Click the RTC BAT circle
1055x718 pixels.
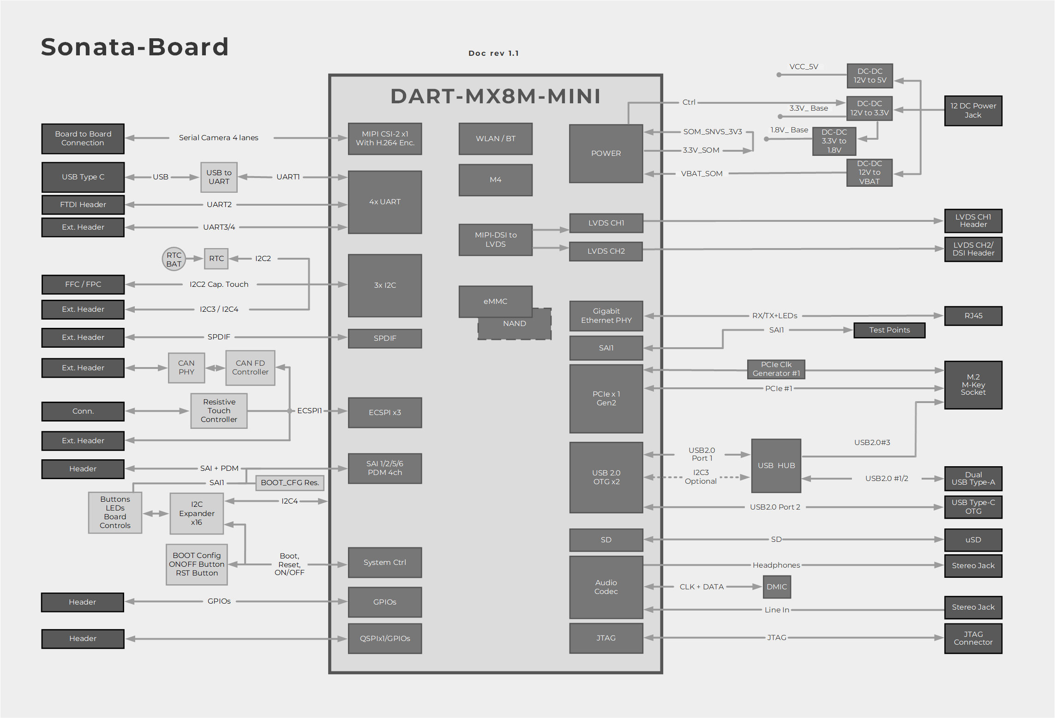[174, 259]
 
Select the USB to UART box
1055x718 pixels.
[219, 177]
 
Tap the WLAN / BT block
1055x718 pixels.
[495, 138]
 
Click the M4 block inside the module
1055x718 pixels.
[495, 180]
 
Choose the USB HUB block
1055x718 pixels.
[776, 466]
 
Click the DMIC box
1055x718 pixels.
[777, 587]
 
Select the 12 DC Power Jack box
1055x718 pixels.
[973, 111]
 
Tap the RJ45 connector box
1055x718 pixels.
[973, 316]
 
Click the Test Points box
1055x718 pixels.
[889, 330]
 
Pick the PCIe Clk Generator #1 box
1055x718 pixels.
[776, 369]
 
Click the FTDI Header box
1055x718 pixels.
[83, 205]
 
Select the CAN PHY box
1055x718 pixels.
[186, 368]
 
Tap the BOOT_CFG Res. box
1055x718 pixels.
[290, 483]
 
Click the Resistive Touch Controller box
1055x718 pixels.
[219, 410]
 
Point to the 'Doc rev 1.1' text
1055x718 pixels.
[493, 53]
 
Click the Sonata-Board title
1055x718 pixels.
[135, 47]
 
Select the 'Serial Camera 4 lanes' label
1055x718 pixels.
[219, 138]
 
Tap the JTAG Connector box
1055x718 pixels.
[973, 638]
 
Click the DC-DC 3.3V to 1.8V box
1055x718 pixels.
[834, 141]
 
